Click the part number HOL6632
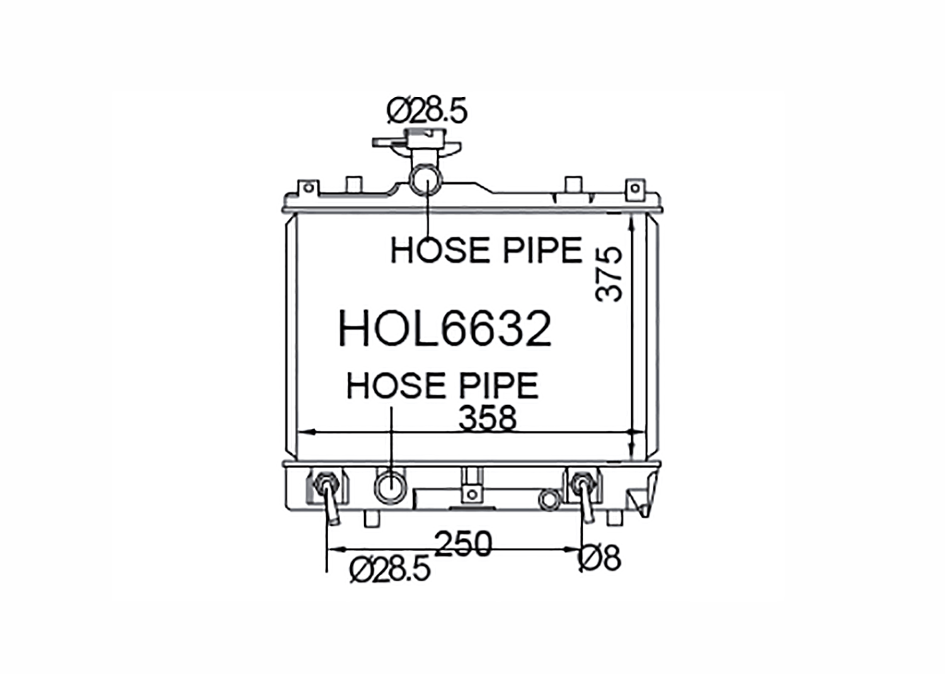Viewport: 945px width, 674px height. (x=445, y=328)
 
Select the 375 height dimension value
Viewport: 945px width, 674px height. (x=609, y=274)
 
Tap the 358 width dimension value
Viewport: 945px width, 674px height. (x=488, y=418)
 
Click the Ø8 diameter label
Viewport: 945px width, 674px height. (x=600, y=558)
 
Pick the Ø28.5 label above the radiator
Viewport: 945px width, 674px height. (x=427, y=111)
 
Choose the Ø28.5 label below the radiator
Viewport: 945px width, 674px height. (x=390, y=569)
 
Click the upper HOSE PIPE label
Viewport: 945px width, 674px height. (x=487, y=250)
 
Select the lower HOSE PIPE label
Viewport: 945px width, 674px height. (x=442, y=386)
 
